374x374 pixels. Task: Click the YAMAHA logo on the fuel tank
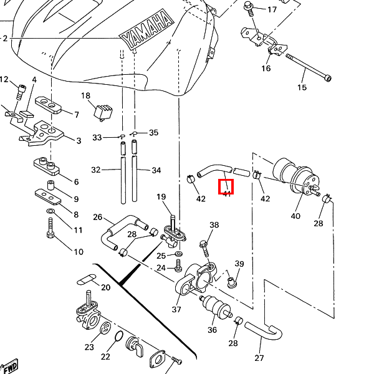click(146, 31)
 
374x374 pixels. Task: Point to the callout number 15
click(302, 88)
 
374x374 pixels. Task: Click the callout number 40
click(295, 216)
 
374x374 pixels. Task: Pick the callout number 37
click(176, 309)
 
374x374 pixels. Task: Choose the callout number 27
click(259, 358)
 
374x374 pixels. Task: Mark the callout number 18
click(86, 95)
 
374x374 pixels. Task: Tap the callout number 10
click(78, 252)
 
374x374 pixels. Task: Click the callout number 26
click(98, 217)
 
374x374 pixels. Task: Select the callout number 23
click(89, 347)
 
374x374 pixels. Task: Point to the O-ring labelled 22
click(117, 338)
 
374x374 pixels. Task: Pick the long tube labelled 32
click(122, 172)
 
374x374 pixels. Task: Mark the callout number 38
click(214, 225)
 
